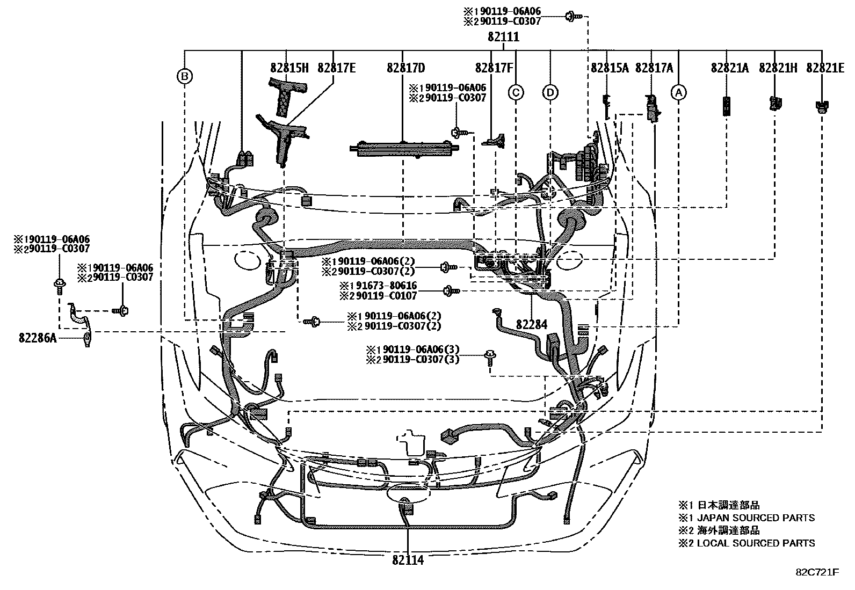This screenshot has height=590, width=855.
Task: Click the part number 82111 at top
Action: click(x=503, y=37)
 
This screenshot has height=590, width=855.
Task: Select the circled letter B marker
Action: click(x=185, y=77)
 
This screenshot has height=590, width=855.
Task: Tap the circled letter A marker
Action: click(x=679, y=92)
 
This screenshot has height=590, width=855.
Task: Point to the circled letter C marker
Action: click(x=516, y=92)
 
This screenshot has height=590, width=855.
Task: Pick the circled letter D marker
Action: click(x=550, y=92)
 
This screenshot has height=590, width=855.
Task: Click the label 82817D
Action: click(x=405, y=68)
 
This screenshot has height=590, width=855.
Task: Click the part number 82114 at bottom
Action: click(x=408, y=560)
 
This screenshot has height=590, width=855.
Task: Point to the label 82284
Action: click(x=532, y=324)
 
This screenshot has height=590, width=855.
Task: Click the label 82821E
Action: click(x=824, y=68)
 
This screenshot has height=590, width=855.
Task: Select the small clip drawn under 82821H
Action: click(x=775, y=103)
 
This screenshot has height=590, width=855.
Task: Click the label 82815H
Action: click(x=289, y=68)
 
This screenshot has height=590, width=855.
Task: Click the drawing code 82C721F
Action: click(x=817, y=572)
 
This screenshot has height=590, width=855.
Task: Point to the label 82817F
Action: click(x=494, y=68)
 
